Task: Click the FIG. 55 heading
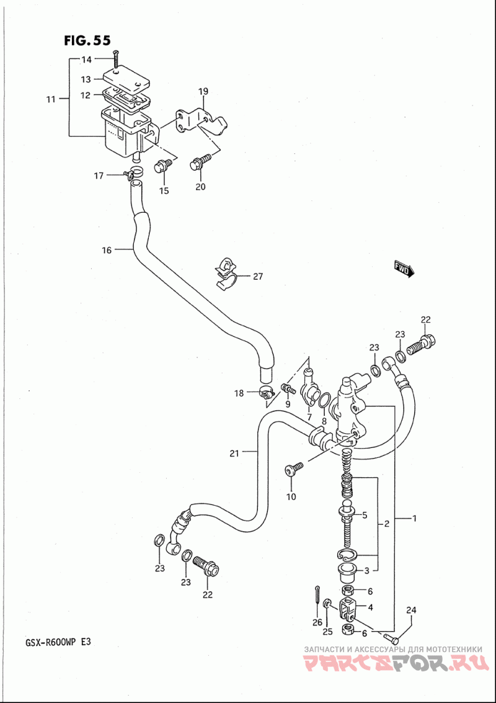(x=87, y=40)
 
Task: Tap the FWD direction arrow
(x=405, y=269)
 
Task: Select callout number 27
(x=257, y=276)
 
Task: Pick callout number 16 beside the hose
(x=106, y=250)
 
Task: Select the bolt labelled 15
(x=163, y=166)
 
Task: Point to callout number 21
(x=235, y=454)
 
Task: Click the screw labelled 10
(x=294, y=468)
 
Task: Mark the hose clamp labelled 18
(x=267, y=393)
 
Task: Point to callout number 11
(x=51, y=99)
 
